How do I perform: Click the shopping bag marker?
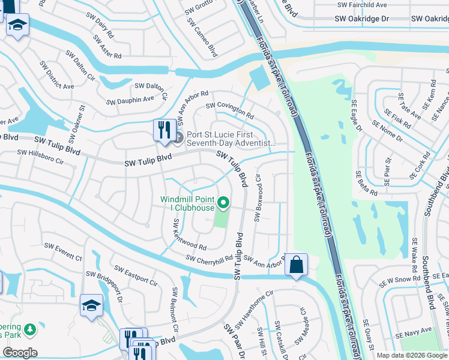pyautogui.click(x=297, y=265)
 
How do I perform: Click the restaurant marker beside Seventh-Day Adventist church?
pyautogui.click(x=163, y=130)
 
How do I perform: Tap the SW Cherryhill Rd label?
pyautogui.click(x=209, y=259)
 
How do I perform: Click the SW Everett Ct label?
pyautogui.click(x=64, y=252)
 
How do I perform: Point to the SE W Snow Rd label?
pyautogui.click(x=401, y=280)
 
